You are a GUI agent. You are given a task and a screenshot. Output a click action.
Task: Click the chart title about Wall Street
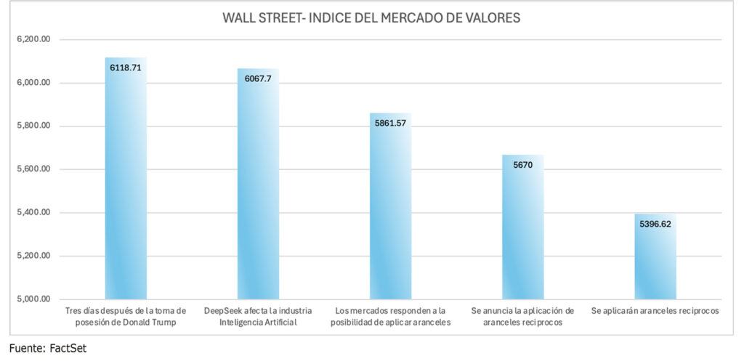tap(371, 18)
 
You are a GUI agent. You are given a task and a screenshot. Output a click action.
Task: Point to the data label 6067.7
tap(259, 78)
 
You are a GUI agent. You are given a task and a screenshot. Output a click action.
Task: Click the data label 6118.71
tap(126, 68)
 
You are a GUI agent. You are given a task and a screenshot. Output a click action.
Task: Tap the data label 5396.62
tap(655, 225)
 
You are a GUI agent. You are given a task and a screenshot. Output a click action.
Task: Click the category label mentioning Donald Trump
tap(126, 316)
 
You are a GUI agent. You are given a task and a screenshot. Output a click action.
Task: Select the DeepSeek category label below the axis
tap(258, 316)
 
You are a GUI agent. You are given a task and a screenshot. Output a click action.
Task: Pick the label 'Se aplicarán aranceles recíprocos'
tap(655, 311)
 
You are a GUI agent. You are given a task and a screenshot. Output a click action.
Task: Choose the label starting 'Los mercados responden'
tap(390, 316)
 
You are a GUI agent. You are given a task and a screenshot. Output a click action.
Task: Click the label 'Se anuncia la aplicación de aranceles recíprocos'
tap(522, 316)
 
